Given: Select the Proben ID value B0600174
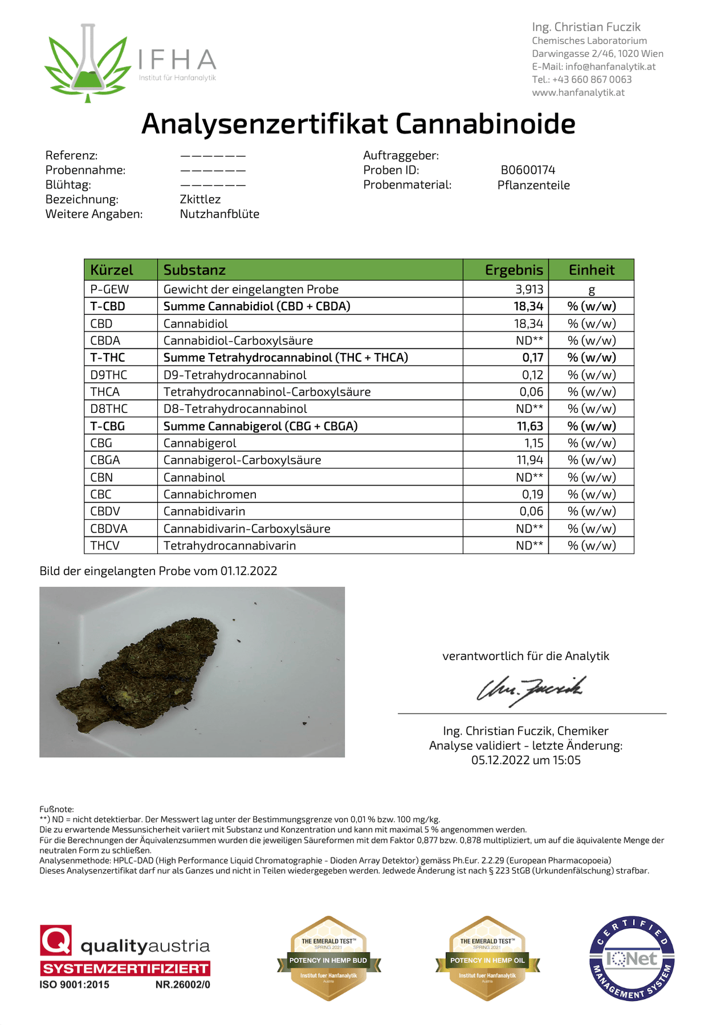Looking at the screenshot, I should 528,170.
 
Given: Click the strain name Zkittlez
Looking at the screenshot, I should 200,199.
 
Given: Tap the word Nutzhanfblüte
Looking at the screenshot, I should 219,214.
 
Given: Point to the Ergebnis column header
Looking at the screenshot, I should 514,270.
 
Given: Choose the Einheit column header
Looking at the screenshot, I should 591,270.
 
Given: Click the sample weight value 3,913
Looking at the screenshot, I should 529,289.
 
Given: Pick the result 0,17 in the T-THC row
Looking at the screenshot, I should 532,358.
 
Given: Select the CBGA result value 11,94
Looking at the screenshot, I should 529,460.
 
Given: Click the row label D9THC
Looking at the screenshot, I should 109,375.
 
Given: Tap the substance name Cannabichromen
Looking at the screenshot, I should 210,494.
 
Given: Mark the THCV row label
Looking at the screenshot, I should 105,546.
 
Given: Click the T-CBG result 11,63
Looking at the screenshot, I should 528,426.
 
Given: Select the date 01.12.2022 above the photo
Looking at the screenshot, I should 248,571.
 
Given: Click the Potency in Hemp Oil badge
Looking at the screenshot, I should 487,958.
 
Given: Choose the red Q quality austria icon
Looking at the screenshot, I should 56,940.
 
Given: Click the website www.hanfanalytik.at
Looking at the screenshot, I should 578,92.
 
